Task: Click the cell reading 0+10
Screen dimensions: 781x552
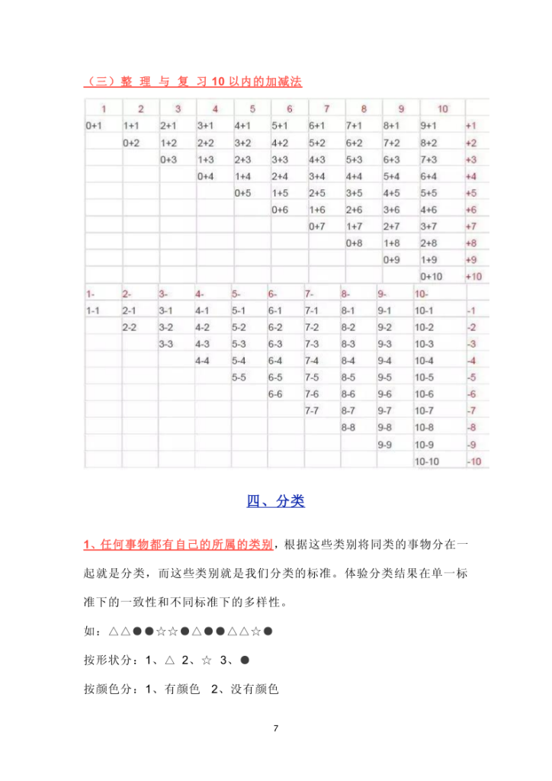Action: click(x=431, y=276)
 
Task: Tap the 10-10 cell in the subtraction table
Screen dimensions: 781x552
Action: click(x=426, y=461)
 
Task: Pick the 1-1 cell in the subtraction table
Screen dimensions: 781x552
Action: click(x=93, y=310)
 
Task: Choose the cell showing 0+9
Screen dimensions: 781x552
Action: click(x=391, y=259)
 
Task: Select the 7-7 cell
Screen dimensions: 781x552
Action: click(x=312, y=411)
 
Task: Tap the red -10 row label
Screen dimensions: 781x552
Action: click(x=473, y=461)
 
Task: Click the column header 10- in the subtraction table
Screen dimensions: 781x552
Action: click(x=422, y=294)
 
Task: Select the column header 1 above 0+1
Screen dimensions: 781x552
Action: click(x=103, y=109)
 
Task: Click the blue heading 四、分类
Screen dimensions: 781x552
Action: click(x=275, y=501)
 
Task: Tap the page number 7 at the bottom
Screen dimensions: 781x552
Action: click(x=276, y=728)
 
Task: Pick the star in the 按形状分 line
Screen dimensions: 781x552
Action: click(x=207, y=660)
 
